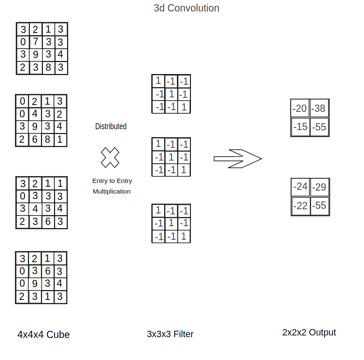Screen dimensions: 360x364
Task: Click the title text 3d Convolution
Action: [186, 8]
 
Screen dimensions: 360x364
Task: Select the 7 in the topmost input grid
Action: [36, 42]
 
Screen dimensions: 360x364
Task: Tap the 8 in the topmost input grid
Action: [48, 67]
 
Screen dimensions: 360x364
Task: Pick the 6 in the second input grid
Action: [35, 139]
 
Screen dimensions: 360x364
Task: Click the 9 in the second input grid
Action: [35, 127]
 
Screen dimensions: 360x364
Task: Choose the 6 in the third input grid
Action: [48, 222]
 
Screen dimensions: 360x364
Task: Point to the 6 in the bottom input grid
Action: [48, 271]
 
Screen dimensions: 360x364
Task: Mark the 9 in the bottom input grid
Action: [35, 284]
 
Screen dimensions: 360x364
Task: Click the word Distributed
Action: [111, 126]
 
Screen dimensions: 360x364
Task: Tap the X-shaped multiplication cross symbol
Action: [110, 158]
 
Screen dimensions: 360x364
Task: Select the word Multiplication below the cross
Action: [112, 191]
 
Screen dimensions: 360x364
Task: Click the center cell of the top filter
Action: [171, 94]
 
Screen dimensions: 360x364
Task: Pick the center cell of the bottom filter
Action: [171, 224]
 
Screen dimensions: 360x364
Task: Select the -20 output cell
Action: [300, 109]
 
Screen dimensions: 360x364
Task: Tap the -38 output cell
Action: [319, 109]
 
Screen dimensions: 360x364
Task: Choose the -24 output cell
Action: [301, 187]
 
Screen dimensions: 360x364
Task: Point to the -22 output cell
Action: [301, 206]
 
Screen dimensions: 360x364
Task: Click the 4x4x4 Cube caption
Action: [44, 335]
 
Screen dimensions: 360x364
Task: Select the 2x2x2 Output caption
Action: [309, 332]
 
